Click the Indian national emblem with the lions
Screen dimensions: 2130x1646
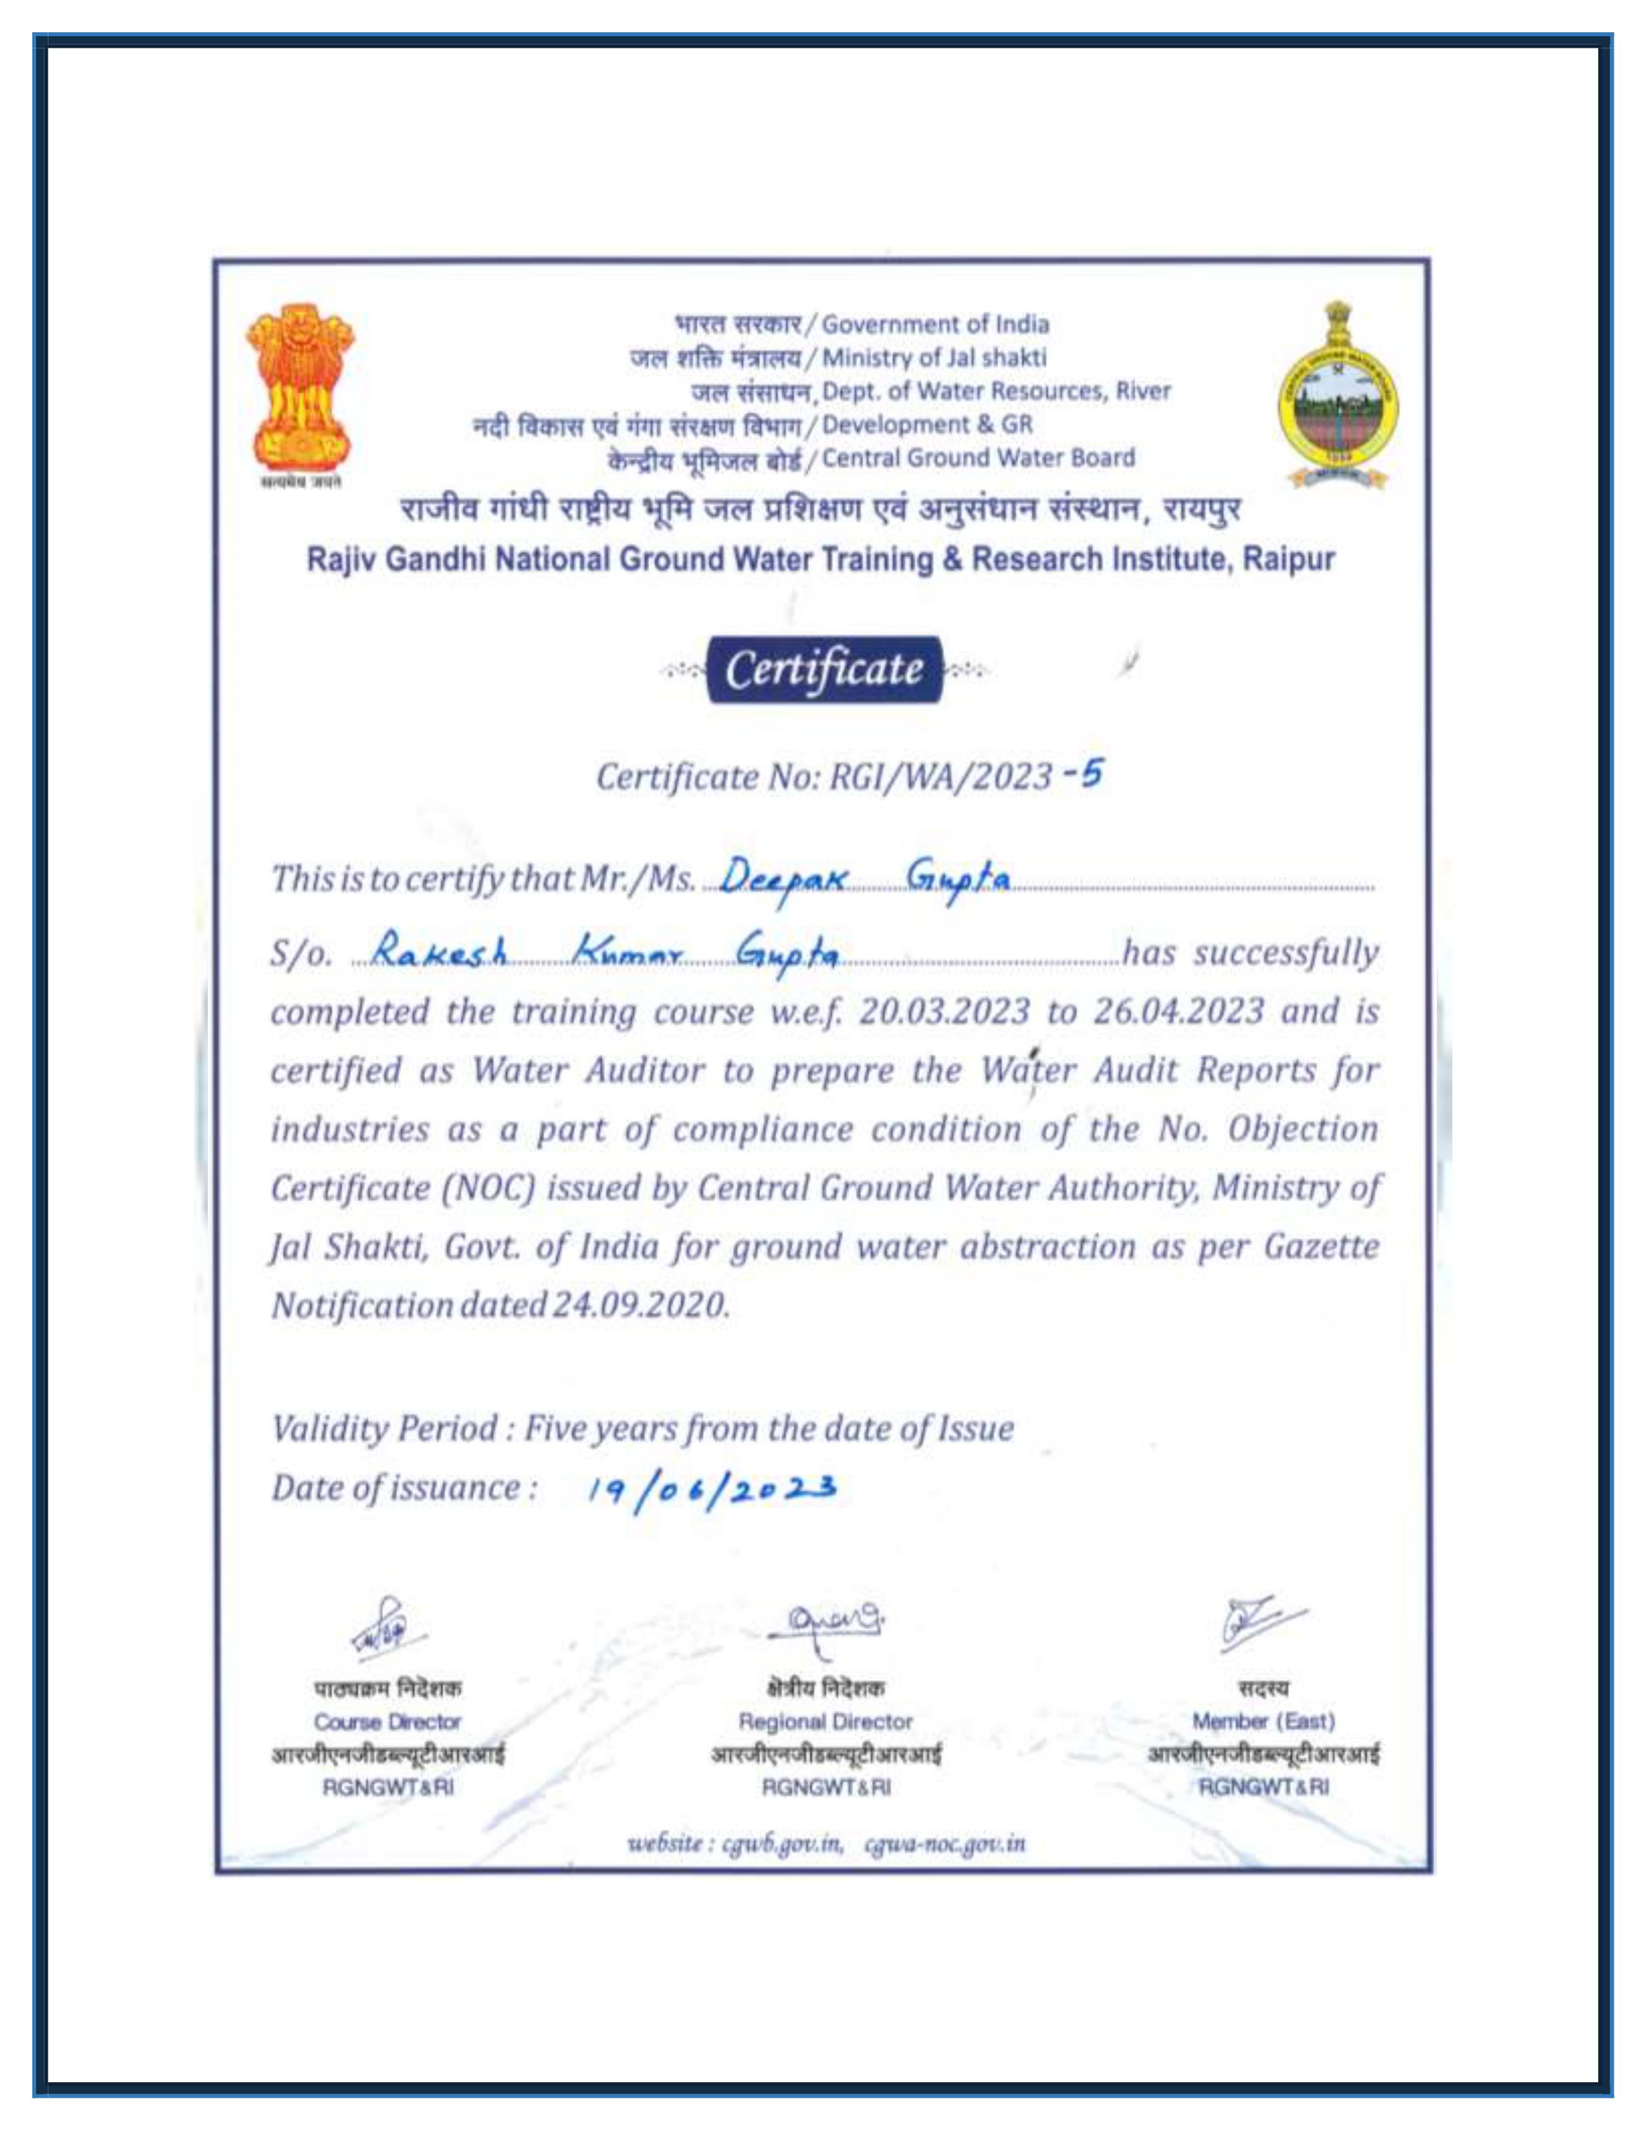pos(300,388)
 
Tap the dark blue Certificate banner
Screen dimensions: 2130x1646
pos(825,669)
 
